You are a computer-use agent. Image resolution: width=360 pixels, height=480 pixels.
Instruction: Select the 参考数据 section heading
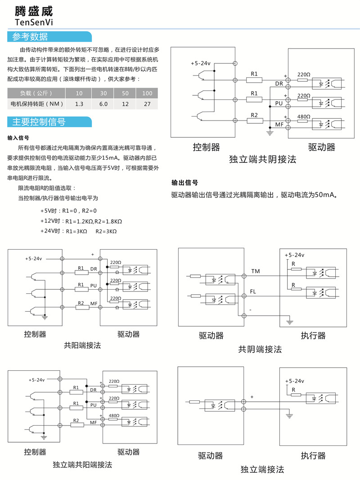(30, 37)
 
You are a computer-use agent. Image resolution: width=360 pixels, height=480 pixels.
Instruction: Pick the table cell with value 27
(147, 104)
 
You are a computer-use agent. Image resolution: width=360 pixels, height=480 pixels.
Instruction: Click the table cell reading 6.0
(103, 104)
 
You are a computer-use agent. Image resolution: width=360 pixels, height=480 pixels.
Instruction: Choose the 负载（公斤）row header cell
(36, 94)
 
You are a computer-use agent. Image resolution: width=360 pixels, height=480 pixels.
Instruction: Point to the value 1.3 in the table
(79, 104)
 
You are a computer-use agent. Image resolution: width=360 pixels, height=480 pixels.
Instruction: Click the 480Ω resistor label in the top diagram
(304, 117)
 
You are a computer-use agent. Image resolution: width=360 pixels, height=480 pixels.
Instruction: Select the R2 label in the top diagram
(254, 115)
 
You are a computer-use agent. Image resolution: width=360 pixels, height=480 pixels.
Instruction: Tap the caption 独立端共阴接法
(263, 160)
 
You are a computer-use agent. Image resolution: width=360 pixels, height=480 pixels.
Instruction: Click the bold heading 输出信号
(184, 183)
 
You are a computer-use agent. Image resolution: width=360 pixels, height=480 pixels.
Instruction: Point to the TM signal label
(255, 271)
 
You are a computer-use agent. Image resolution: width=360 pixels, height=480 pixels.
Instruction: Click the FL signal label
(253, 292)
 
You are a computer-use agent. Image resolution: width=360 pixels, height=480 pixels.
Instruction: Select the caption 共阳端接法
(82, 345)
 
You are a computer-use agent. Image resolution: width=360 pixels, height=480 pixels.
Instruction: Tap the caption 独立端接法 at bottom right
(262, 469)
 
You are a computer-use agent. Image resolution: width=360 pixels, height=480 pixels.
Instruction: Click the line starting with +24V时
(79, 231)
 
